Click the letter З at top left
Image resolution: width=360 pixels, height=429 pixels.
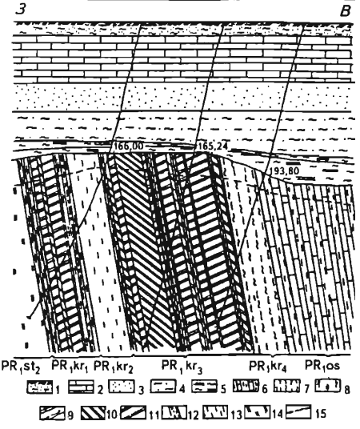click(x=21, y=9)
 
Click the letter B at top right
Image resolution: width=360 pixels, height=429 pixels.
click(x=345, y=11)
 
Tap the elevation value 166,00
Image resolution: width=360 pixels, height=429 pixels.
click(x=128, y=146)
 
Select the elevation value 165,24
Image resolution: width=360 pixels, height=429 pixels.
click(x=213, y=146)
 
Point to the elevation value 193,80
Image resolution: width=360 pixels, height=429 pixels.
click(x=284, y=171)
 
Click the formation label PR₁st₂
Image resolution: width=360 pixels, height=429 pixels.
click(x=21, y=367)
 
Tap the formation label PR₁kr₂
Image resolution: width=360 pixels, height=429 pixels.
click(x=114, y=367)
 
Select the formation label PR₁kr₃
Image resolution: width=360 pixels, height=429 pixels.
click(x=182, y=367)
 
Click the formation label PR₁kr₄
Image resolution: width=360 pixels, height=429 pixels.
click(x=268, y=367)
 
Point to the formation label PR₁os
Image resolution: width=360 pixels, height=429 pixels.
click(x=322, y=366)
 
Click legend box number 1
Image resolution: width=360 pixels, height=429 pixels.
click(x=40, y=387)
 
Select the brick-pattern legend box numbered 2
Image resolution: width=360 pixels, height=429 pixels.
click(x=81, y=387)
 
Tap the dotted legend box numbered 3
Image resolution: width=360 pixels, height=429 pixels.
click(x=122, y=387)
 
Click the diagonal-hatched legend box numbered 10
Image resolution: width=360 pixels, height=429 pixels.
click(x=94, y=413)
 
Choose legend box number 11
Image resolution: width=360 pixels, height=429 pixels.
click(x=134, y=412)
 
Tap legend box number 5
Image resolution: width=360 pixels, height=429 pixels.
click(x=204, y=387)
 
